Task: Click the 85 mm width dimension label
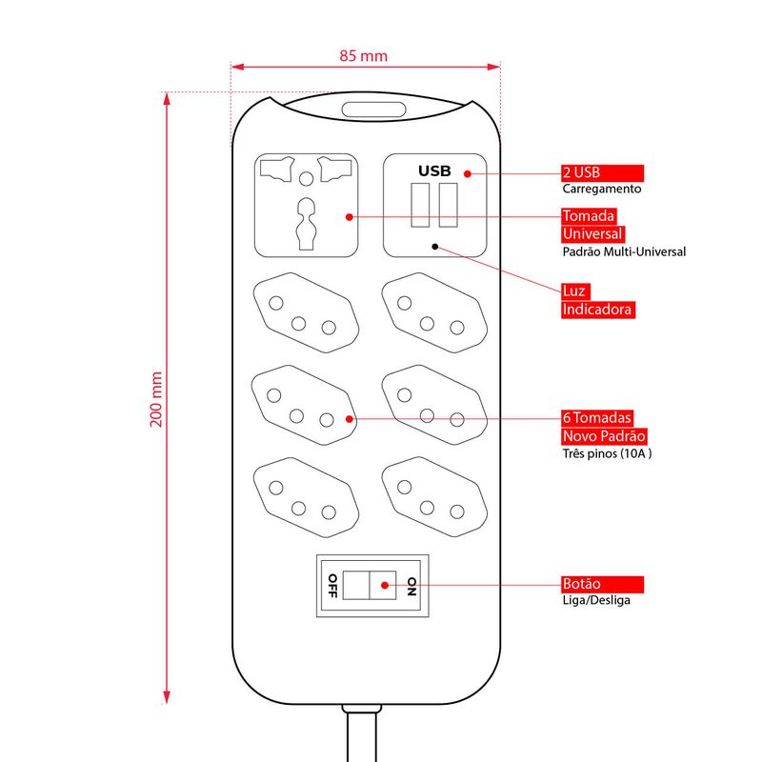click(x=364, y=55)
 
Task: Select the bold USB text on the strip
click(x=434, y=171)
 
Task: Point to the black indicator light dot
click(x=435, y=246)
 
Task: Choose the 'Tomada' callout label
click(x=590, y=216)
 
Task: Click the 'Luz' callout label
click(x=574, y=290)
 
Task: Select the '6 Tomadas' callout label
click(x=597, y=418)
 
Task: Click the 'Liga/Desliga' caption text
click(x=595, y=600)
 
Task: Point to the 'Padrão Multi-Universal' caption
click(x=623, y=252)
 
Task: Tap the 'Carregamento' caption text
click(x=601, y=190)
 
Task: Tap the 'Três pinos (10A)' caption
click(x=607, y=453)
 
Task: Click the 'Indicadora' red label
click(x=597, y=310)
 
